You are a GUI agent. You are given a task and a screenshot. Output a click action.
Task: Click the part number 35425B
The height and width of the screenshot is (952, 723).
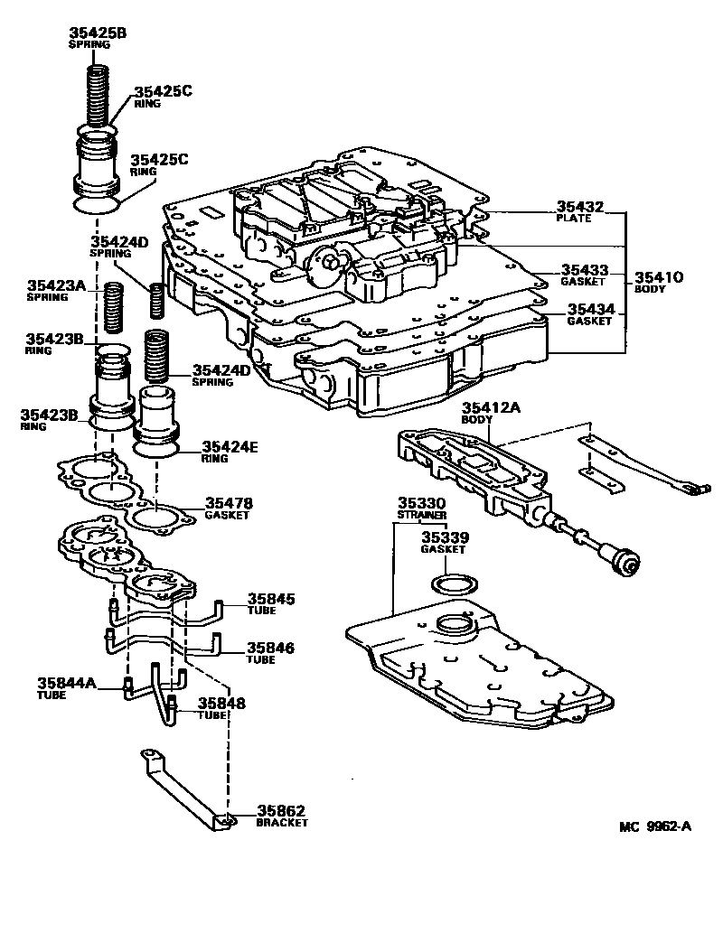[98, 33]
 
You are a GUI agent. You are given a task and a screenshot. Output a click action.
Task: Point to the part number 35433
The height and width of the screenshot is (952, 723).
[584, 269]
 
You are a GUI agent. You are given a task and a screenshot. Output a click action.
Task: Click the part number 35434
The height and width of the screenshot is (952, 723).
[590, 310]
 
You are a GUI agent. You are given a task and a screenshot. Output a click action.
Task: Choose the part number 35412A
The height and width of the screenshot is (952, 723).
[491, 408]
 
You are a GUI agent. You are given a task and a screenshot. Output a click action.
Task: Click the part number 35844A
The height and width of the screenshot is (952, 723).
[66, 683]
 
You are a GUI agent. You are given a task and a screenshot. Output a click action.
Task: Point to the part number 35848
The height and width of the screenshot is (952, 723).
[221, 702]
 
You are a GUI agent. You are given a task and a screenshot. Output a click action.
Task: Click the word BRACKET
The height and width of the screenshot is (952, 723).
[281, 823]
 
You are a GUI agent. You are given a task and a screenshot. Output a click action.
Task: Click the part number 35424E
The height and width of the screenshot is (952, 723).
[230, 445]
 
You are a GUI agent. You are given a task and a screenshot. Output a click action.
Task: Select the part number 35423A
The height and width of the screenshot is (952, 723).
[55, 285]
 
